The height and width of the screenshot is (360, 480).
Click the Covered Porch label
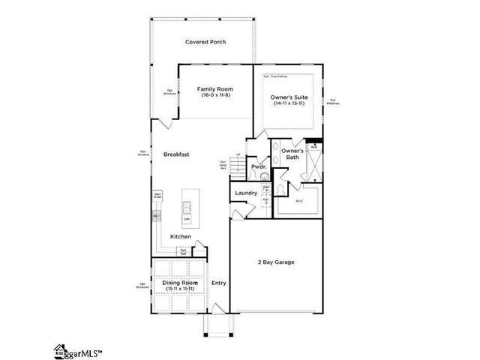[205, 42]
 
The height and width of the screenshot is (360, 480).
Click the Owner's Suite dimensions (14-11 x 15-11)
[290, 103]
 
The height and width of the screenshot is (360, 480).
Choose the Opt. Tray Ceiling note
[275, 76]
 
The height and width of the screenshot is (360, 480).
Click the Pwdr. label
[259, 166]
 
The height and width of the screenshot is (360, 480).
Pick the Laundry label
[246, 193]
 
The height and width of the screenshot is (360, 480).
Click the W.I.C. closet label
[298, 200]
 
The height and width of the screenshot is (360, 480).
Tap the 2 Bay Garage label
[277, 262]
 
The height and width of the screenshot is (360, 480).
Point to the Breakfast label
[176, 154]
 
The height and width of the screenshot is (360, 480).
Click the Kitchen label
[180, 237]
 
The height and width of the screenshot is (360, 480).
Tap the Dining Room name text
[180, 282]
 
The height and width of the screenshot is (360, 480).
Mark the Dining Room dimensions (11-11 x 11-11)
[180, 289]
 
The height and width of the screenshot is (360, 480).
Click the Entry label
[218, 283]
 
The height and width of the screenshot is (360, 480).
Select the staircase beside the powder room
[238, 165]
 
